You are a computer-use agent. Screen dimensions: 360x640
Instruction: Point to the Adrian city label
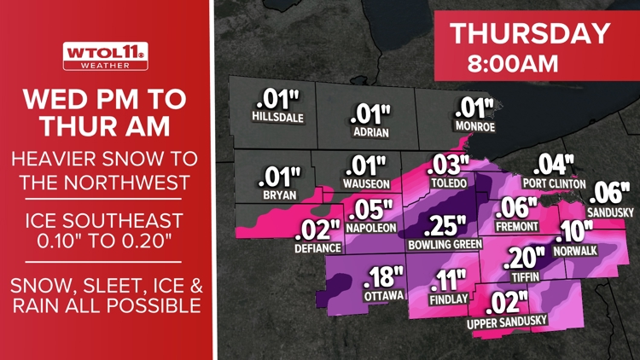coord(370,133)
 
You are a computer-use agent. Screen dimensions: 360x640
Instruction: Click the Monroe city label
coord(475,127)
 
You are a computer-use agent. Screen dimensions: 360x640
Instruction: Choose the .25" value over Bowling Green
coord(445,226)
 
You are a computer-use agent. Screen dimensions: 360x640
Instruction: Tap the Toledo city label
coord(449,183)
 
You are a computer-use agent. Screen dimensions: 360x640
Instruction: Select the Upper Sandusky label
coord(507,322)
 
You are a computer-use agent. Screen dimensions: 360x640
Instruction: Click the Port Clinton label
coord(554,183)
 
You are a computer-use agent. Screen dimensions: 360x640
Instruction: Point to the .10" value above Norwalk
coord(576,231)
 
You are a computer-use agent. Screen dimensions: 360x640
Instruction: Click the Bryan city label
coord(281,195)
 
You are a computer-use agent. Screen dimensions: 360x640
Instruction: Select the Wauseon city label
coord(366,183)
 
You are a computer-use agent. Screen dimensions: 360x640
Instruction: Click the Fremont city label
coord(517,226)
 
